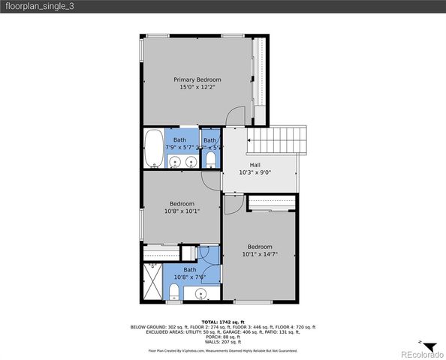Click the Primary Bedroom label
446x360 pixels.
tap(197, 79)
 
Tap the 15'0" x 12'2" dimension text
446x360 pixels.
tap(197, 88)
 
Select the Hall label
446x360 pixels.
tap(255, 163)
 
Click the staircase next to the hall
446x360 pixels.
tap(279, 139)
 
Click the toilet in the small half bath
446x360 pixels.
tap(211, 161)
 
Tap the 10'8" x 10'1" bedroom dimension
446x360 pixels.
tap(182, 211)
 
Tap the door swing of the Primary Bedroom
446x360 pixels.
tap(236, 117)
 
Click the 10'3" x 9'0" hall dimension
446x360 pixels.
tap(255, 172)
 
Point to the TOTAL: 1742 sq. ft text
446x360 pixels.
tap(223, 322)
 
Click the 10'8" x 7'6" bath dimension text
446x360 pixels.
tap(189, 277)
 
